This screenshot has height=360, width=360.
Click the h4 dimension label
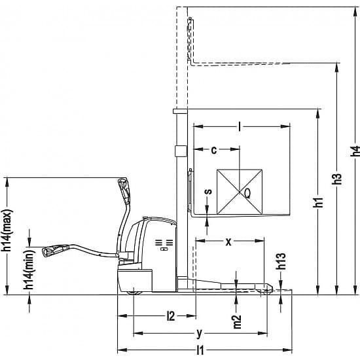click(355, 151)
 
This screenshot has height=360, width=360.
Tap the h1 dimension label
click(318, 202)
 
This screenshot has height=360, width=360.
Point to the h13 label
click(281, 261)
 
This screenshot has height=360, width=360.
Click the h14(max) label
click(6, 230)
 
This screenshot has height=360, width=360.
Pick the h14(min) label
click(29, 270)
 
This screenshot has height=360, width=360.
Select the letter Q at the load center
click(247, 193)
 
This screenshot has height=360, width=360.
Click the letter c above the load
click(214, 150)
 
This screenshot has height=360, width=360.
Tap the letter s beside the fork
click(208, 191)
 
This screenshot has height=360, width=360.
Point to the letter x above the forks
click(228, 242)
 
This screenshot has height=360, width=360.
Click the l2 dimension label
click(171, 316)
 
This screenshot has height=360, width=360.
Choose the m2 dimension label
click(237, 321)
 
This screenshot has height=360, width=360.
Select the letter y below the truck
click(199, 333)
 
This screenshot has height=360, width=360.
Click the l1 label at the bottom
click(200, 350)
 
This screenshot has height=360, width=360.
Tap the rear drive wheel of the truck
click(134, 293)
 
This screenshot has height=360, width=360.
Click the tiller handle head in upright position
click(124, 190)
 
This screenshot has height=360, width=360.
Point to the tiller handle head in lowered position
click(55, 251)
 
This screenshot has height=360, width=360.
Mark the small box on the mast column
click(181, 151)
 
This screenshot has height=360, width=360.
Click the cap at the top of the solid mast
click(180, 111)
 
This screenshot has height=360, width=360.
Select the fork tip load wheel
click(266, 291)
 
